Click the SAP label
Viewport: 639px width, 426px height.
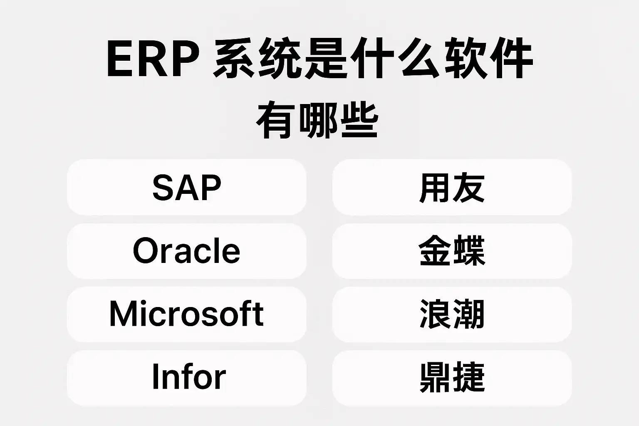coord(187,187)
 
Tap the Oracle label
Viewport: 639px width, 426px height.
coord(186,251)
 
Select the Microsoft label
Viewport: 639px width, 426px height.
coord(186,314)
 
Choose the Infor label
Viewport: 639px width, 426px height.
coord(189,376)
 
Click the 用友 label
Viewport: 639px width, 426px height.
coord(452,188)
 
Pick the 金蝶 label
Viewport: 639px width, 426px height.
coord(452,250)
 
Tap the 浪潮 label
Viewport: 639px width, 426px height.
coord(452,314)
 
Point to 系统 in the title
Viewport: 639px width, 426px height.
coord(257,59)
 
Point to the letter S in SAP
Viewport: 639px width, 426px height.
coord(163,187)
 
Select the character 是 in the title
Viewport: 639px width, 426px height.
coord(326,59)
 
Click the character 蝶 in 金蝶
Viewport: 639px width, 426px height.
coord(469,250)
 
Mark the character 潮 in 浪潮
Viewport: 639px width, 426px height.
coord(469,314)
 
